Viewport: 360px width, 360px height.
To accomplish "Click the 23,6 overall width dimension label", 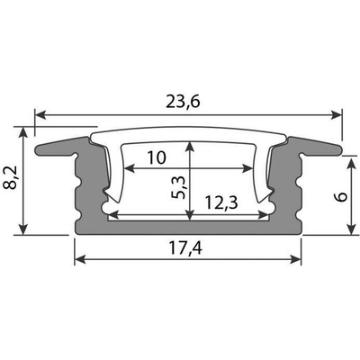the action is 183,102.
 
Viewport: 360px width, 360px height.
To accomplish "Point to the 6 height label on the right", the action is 342,197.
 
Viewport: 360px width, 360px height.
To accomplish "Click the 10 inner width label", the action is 157,157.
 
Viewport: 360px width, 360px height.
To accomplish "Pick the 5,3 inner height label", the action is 178,187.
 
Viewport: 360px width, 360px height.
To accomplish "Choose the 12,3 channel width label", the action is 221,202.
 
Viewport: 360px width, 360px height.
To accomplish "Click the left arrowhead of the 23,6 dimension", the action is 40,114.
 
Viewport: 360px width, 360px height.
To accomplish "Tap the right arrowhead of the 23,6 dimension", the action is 336,114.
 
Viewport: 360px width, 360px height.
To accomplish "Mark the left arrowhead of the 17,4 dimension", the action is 80,259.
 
